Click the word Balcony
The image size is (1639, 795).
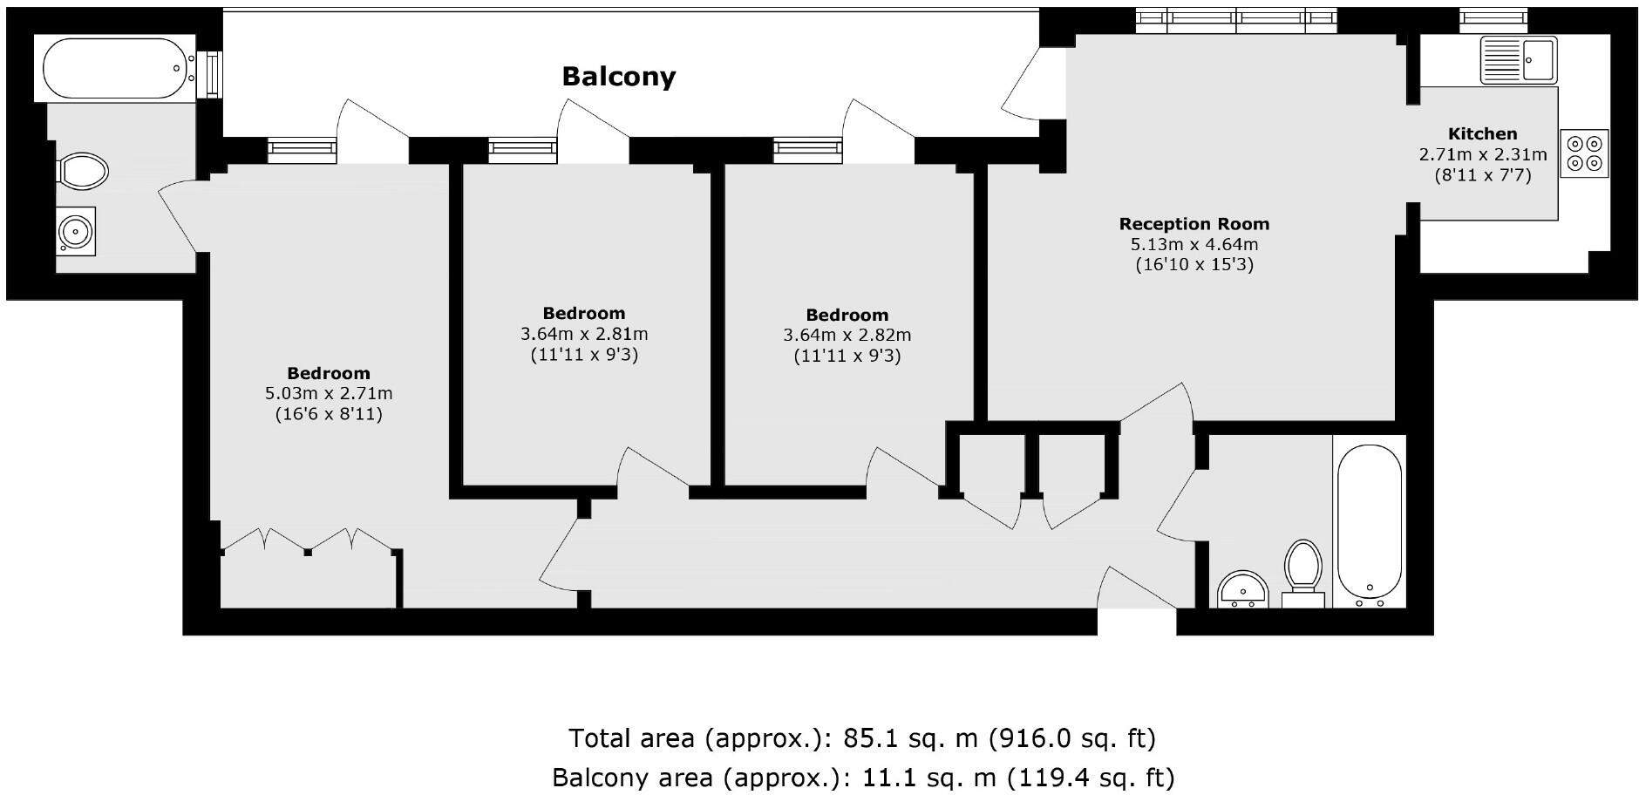(618, 77)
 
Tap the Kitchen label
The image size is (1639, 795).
(1482, 133)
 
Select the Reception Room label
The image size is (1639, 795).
(1194, 224)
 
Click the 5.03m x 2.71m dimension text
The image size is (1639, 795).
(329, 394)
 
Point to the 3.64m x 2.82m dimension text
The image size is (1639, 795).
(847, 336)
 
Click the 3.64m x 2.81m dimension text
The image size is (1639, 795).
(584, 334)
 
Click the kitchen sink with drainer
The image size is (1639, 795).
(1518, 59)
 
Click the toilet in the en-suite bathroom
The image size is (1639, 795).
(82, 171)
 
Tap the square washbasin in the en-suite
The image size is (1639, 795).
(76, 231)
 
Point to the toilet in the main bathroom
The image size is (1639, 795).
(1303, 571)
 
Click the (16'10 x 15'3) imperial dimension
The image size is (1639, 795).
(1194, 265)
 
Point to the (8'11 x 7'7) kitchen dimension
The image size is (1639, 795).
(1482, 175)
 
